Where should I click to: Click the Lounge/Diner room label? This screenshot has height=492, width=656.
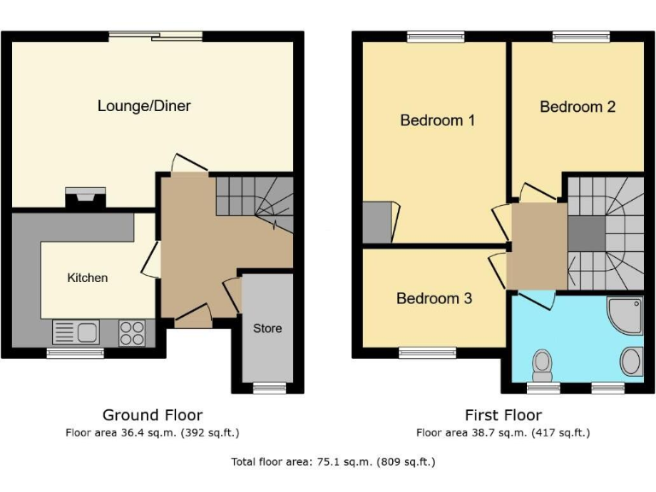(143, 106)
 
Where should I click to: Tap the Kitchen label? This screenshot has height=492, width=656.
(87, 278)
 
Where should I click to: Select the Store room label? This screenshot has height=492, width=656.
(266, 328)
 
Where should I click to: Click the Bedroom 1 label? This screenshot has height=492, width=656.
(437, 120)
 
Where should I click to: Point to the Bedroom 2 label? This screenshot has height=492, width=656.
(577, 107)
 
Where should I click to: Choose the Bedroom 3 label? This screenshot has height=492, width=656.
(434, 298)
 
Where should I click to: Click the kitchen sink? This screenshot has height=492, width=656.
(76, 331)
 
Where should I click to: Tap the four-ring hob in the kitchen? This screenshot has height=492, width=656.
(131, 331)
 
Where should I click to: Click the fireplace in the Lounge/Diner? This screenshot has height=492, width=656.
(86, 198)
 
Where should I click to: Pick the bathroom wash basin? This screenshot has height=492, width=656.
(631, 361)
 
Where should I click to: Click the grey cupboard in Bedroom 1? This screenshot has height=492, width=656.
(377, 222)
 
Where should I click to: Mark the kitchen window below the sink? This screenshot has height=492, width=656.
(74, 352)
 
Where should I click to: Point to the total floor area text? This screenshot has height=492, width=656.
(333, 462)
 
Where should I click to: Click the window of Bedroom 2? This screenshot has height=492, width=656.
(580, 36)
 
